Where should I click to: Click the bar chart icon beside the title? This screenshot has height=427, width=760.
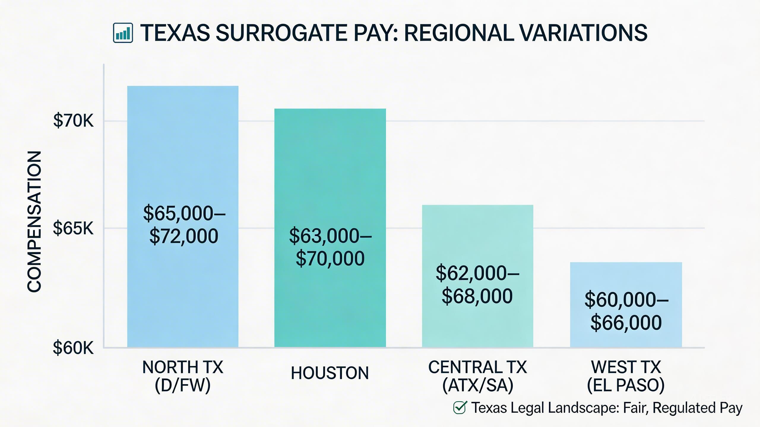point(123,33)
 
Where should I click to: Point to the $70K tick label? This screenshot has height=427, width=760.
point(73,121)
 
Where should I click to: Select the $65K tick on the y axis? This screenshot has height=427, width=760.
point(73,228)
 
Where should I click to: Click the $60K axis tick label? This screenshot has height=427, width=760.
point(73,348)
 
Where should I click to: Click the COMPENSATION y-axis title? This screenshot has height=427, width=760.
point(34,222)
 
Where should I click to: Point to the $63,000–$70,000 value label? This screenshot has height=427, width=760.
point(330,247)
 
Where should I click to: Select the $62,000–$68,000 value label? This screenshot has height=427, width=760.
point(477,284)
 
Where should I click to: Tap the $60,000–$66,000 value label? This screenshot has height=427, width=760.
point(626,311)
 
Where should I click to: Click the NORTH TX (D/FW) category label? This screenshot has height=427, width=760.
point(183,376)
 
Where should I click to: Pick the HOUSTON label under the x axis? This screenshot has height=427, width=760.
point(330,373)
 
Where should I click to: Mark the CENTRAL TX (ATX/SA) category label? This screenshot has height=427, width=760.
point(477,376)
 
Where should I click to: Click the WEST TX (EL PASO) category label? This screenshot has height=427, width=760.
point(626,376)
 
